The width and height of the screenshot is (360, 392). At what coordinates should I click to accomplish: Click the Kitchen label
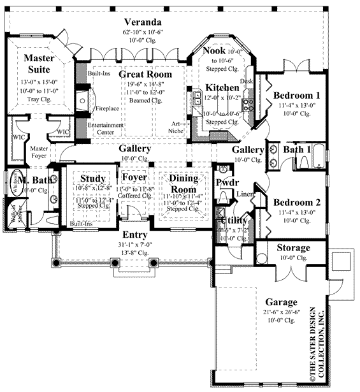(x=222, y=87)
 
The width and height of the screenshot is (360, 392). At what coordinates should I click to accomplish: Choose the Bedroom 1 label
(x=297, y=96)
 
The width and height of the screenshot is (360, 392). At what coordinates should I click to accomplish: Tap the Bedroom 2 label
(x=297, y=203)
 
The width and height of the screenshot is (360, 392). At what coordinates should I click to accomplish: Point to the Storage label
(x=293, y=247)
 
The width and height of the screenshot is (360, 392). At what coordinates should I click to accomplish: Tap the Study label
(x=92, y=178)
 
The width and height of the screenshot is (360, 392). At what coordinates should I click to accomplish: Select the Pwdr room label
(x=227, y=182)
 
